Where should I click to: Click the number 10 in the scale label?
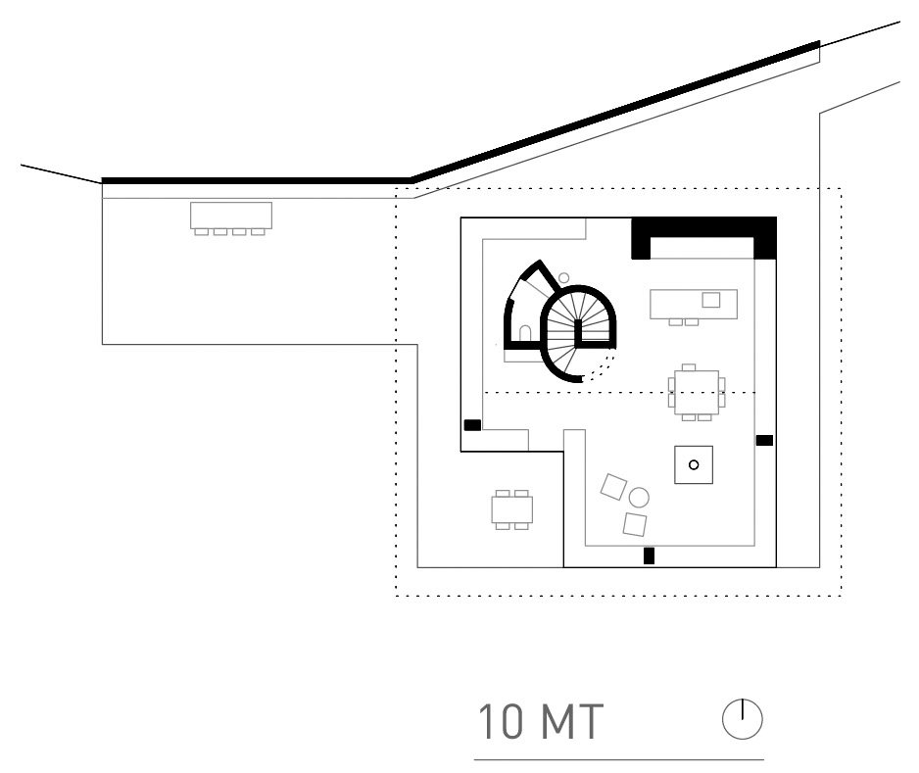501,721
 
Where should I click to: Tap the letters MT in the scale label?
572,721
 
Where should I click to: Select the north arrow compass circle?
742,719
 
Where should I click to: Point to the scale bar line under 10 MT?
619,759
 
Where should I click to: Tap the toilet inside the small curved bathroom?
525,333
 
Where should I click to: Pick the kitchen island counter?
694,304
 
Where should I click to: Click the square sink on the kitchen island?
711,300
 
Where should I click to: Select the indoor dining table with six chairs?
697,392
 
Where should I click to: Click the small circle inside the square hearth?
694,464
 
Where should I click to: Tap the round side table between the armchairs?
639,498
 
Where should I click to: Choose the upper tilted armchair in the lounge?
613,486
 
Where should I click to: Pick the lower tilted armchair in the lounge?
635,524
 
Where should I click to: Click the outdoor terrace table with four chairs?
512,509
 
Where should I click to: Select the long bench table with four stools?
231,218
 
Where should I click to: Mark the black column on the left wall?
472,425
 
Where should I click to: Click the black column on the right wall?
764,440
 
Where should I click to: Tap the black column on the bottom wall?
649,555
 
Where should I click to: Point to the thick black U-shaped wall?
703,227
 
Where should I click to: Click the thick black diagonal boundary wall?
615,111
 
